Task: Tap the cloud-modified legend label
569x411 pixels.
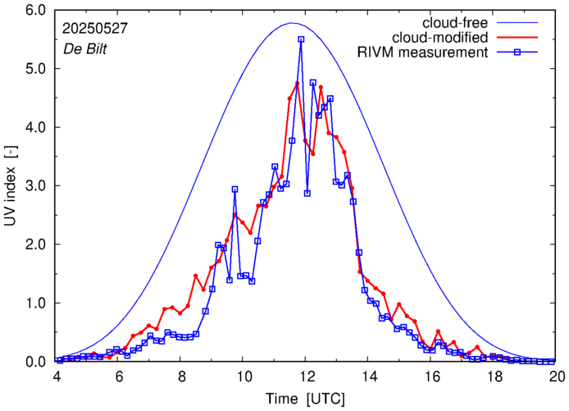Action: tap(441, 38)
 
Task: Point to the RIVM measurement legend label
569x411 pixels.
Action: tap(424, 53)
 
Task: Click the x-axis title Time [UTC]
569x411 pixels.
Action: tap(305, 399)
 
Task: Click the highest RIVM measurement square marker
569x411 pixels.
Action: tap(301, 39)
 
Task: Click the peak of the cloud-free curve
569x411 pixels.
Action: tap(292, 23)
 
